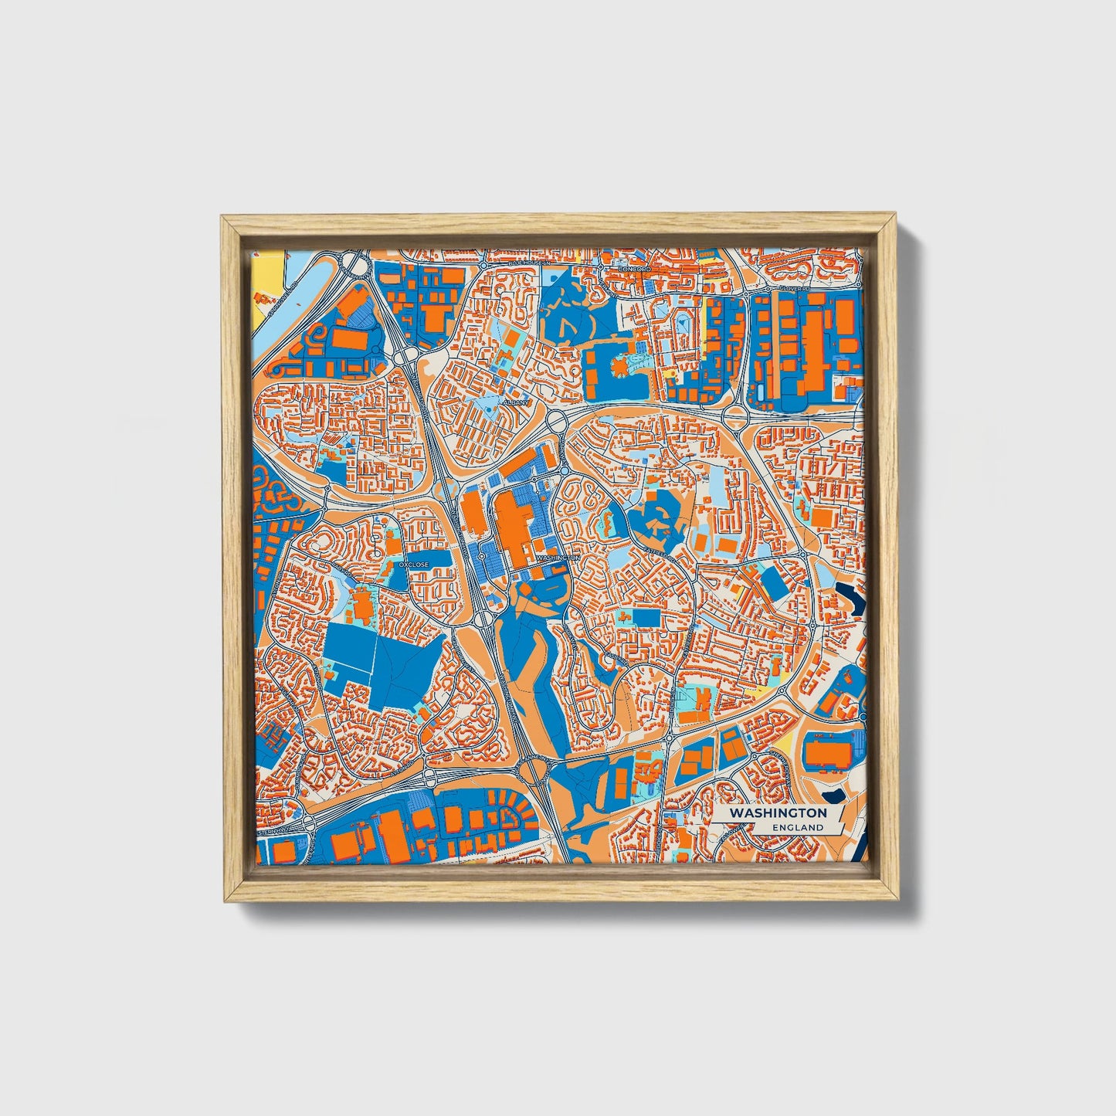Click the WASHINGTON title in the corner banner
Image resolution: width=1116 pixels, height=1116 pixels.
[778, 813]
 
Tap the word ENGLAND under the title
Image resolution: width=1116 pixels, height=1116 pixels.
[802, 827]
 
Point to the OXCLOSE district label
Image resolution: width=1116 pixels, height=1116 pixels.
[414, 565]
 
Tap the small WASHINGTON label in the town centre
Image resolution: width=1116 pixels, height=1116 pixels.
[557, 557]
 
